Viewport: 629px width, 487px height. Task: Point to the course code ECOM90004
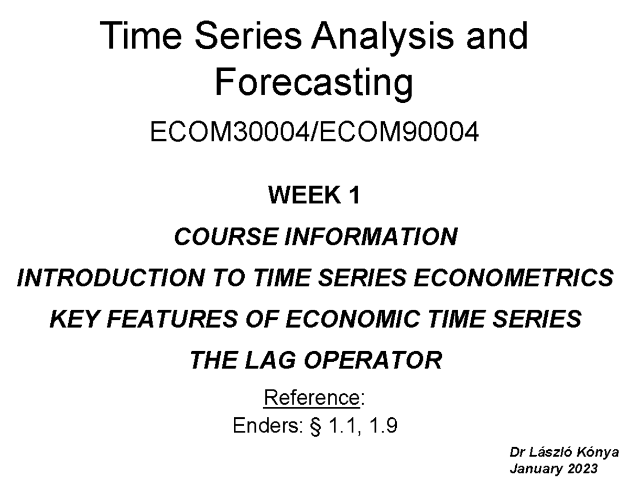398,133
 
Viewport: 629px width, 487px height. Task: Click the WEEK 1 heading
314,196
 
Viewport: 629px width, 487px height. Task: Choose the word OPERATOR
373,360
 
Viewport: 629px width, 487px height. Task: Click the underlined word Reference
311,398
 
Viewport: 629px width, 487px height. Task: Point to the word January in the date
535,468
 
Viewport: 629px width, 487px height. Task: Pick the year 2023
582,468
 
